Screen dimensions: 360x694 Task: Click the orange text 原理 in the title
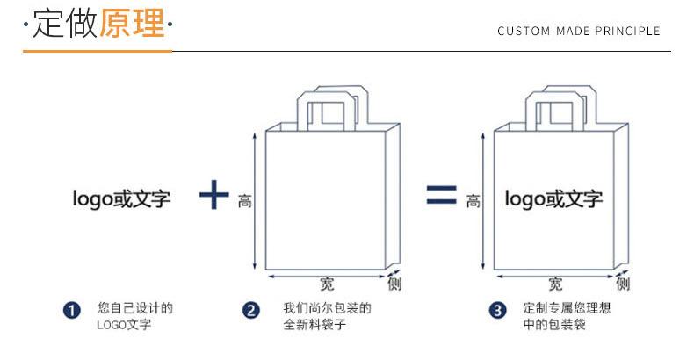132,25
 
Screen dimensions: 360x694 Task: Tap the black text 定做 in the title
64,25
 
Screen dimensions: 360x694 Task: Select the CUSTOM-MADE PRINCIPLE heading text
578,32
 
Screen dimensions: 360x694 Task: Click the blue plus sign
213,195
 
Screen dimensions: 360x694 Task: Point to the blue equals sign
441,195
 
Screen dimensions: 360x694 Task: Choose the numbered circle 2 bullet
251,310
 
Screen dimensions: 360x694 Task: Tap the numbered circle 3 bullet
499,310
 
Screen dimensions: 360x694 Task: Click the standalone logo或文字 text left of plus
121,199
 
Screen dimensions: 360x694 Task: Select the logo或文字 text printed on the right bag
553,199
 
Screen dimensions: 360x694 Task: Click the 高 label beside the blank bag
245,202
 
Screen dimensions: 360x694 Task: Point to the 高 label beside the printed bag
474,202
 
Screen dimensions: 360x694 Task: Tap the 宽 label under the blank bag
327,284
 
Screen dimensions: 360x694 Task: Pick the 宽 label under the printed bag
555,284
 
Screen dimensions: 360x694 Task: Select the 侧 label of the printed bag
623,284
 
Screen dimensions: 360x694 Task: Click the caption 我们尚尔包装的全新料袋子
327,317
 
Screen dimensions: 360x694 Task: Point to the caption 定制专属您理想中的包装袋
566,317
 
